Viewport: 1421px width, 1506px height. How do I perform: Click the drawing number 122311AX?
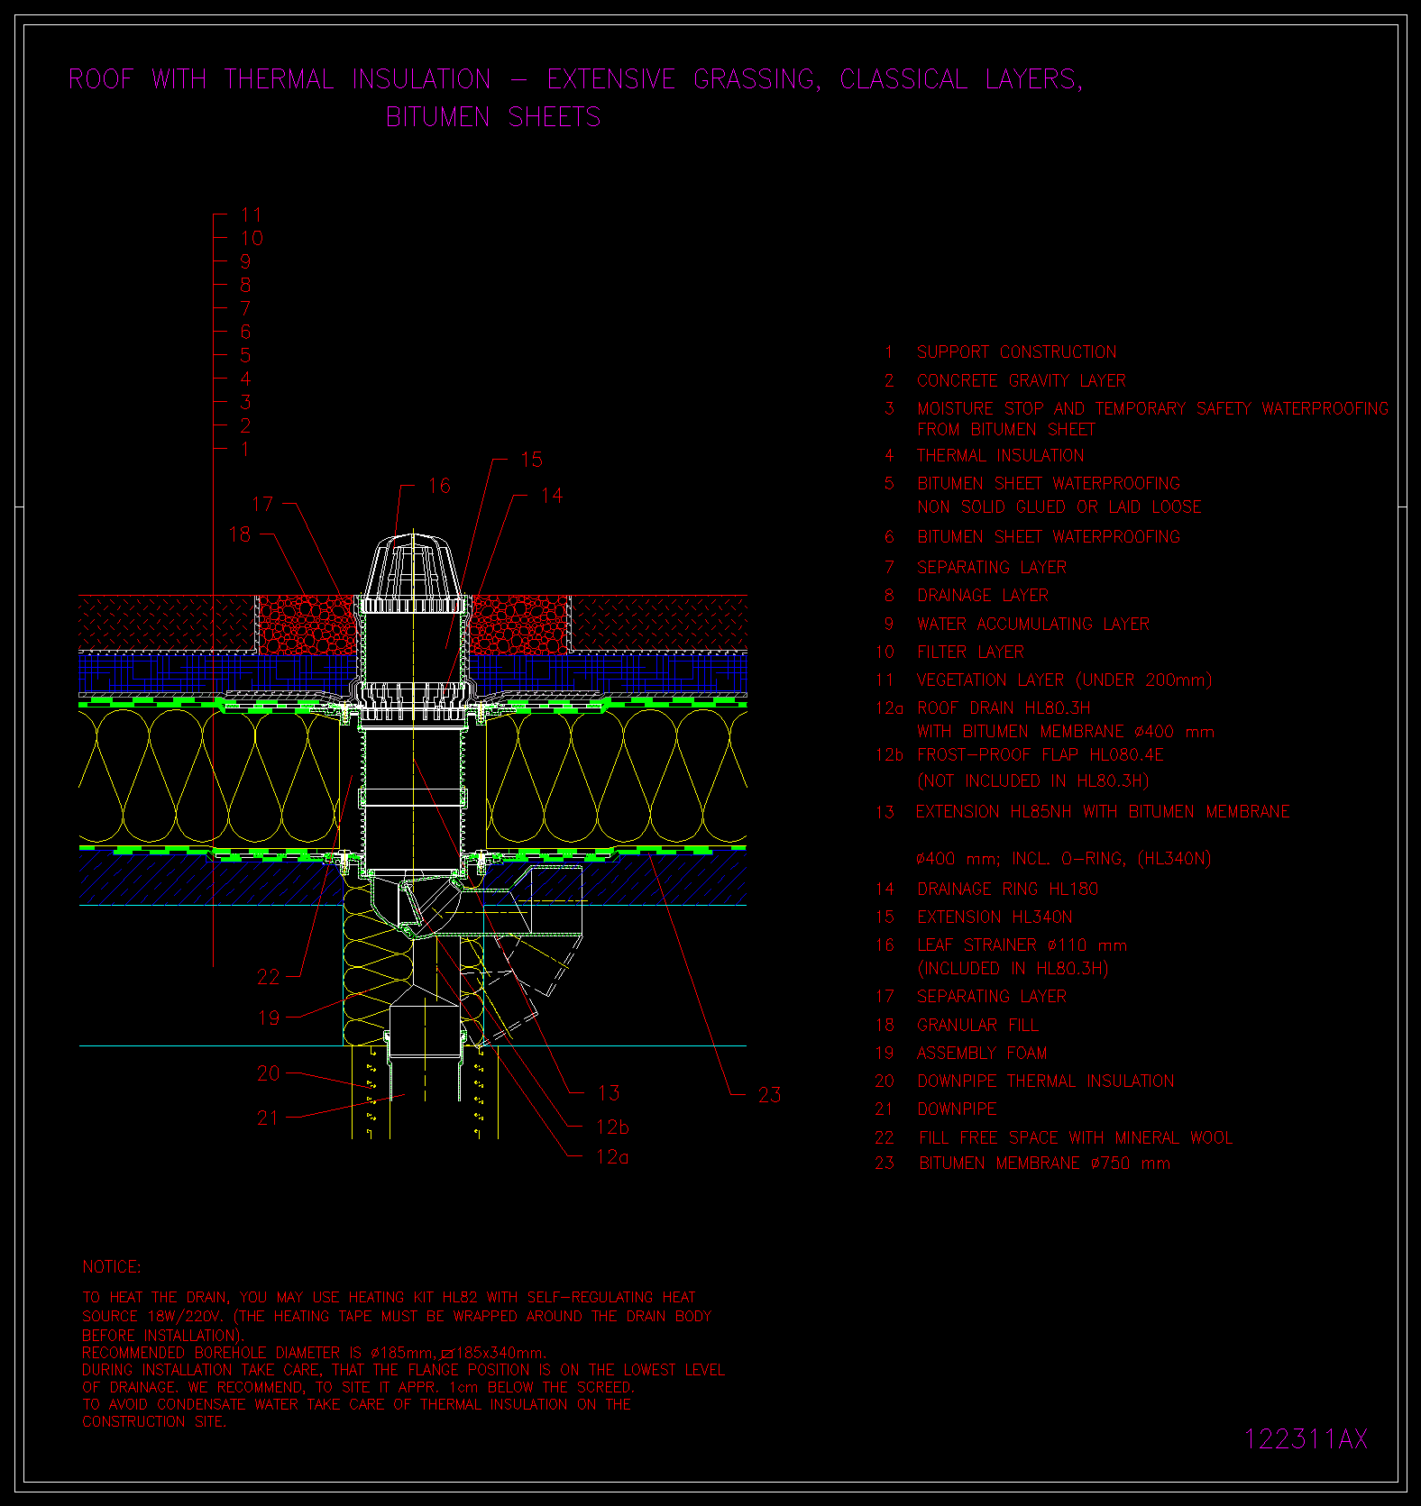tap(1306, 1438)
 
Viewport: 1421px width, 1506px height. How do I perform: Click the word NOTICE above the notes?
tap(112, 1267)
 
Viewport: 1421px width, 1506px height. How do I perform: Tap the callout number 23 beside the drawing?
tap(769, 1095)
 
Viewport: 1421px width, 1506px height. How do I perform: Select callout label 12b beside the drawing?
tap(612, 1127)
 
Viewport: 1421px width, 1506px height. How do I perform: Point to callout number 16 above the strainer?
tap(439, 486)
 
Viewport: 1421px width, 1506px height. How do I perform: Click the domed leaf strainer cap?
tap(414, 568)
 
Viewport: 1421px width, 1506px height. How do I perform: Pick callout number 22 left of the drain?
tap(269, 977)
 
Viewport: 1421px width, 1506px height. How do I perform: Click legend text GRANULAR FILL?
tap(977, 1025)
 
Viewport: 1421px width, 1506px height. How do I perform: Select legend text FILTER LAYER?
tap(970, 652)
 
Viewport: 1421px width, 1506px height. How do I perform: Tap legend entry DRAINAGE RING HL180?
tap(1007, 889)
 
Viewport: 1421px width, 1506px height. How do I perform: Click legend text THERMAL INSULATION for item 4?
tap(1001, 455)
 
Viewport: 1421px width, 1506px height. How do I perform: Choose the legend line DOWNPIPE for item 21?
tap(957, 1109)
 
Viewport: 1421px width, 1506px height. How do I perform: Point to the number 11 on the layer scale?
tap(251, 215)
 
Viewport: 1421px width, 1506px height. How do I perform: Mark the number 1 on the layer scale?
tap(245, 449)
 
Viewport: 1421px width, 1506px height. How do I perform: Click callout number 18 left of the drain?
tap(240, 534)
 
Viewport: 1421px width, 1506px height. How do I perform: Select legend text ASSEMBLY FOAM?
tap(982, 1053)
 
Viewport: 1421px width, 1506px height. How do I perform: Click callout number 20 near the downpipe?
tap(269, 1073)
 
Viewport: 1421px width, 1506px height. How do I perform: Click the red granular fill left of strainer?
tap(307, 625)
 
